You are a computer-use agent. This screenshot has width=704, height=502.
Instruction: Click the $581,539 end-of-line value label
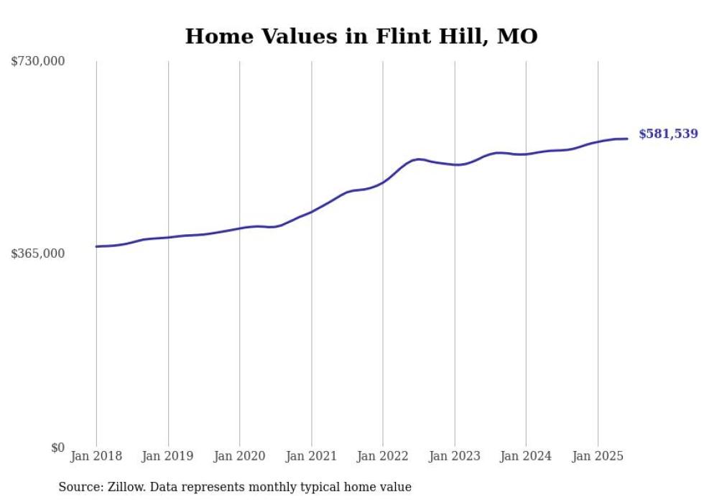(x=667, y=134)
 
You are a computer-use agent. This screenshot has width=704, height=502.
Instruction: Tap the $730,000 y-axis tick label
(x=37, y=62)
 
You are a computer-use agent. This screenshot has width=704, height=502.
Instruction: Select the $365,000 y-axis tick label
(x=37, y=254)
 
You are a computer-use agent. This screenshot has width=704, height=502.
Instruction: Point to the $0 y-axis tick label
(x=57, y=447)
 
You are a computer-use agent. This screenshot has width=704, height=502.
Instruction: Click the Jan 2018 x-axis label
(x=96, y=456)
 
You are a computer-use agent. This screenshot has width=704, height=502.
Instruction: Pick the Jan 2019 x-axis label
(x=168, y=456)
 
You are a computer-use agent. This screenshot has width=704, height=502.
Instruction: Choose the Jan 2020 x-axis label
(x=240, y=456)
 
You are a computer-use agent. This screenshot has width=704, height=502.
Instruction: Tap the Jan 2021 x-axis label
(x=311, y=456)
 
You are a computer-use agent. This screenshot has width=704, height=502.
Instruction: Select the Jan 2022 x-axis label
(x=383, y=456)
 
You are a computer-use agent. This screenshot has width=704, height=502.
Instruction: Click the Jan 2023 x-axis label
(x=455, y=456)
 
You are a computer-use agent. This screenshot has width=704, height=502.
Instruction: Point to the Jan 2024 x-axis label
(x=526, y=456)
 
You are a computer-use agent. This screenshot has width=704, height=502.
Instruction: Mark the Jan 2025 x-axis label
(x=598, y=456)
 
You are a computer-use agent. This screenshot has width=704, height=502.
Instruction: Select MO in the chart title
(x=517, y=37)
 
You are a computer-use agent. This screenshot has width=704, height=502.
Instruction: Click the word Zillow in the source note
(x=124, y=487)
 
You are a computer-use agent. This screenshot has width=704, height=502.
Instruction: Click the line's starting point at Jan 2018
(x=96, y=246)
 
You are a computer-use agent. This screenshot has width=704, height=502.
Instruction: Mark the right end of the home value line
(x=627, y=139)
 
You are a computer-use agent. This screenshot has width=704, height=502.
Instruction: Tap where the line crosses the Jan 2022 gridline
(x=383, y=182)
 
